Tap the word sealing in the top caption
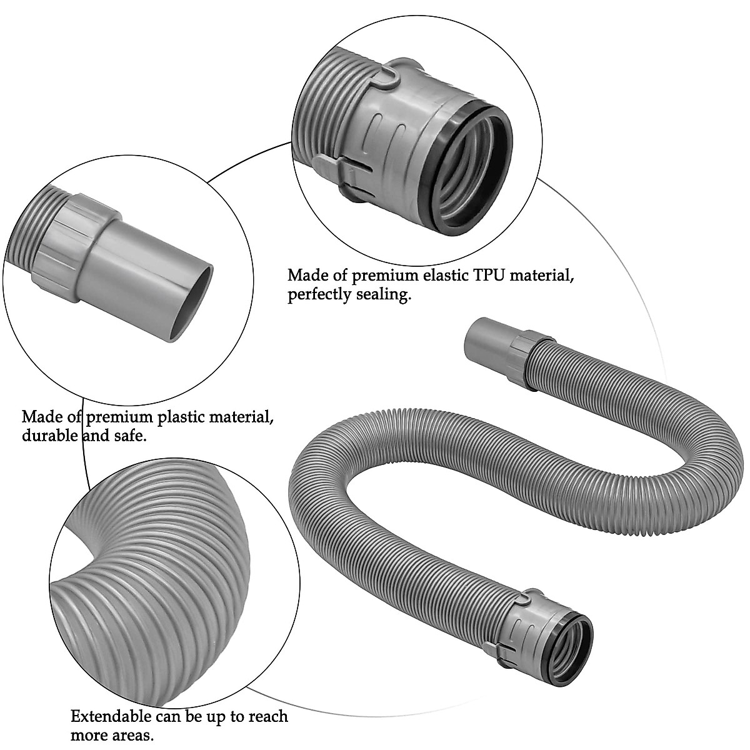point(381,295)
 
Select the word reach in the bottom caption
point(264,716)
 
